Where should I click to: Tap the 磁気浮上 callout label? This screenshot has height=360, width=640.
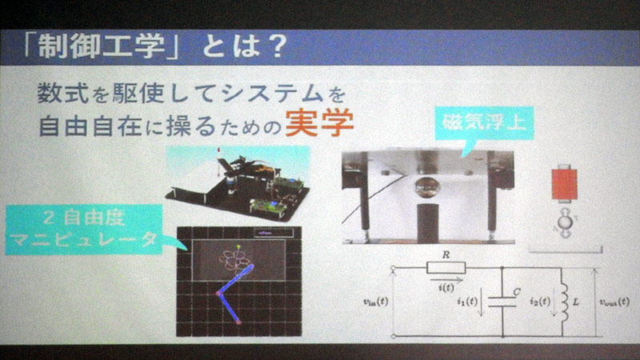click(480, 124)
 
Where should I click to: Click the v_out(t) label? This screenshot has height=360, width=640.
click(614, 302)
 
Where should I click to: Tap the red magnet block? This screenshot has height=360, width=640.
click(566, 183)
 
